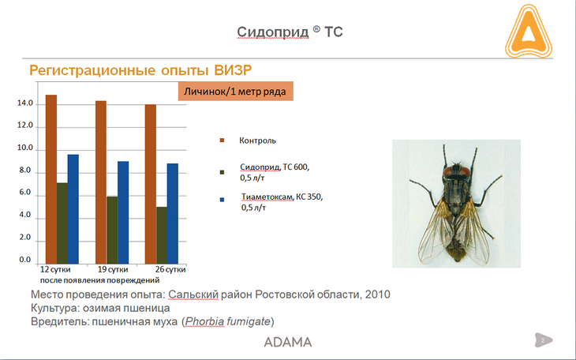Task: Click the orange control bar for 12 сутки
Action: point(51,179)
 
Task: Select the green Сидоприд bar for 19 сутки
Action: point(112,231)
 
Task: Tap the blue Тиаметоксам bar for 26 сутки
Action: point(173,214)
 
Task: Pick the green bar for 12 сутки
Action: point(62,223)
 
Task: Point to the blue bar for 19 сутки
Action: point(123,212)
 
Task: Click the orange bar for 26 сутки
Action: point(151,184)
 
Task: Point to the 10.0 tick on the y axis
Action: point(25,148)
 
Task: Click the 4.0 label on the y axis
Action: point(25,215)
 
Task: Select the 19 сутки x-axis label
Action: point(113,269)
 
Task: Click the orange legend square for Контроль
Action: point(222,141)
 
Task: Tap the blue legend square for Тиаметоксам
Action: point(222,200)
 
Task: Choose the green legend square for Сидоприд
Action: point(222,172)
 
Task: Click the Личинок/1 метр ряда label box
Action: point(235,92)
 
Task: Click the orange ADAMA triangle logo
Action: point(529,32)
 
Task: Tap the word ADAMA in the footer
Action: point(288,343)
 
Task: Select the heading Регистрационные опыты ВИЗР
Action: point(140,69)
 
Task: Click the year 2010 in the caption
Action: point(378,294)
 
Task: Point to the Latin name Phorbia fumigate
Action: point(228,321)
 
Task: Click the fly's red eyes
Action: point(456,171)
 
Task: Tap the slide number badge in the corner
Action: point(543,340)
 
